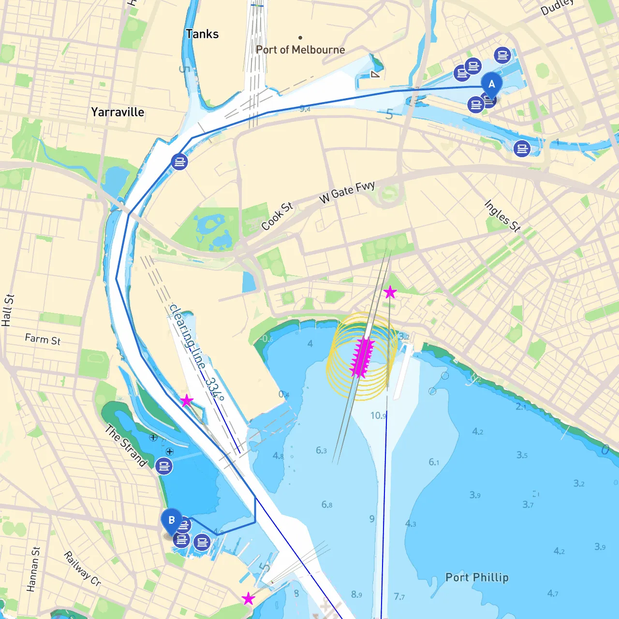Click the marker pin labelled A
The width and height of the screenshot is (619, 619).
click(x=491, y=85)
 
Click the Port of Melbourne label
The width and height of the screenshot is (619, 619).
click(x=300, y=50)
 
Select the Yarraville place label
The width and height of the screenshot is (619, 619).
click(x=118, y=112)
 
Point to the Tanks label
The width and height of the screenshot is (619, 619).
click(x=202, y=34)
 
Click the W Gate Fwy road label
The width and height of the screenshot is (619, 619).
click(x=347, y=192)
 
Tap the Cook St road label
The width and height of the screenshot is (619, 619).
click(x=277, y=216)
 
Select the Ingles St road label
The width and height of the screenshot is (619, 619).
click(x=502, y=216)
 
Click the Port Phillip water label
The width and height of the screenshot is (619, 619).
click(x=477, y=577)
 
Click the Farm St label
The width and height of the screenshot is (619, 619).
click(x=43, y=339)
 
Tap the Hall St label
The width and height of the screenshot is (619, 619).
click(x=8, y=310)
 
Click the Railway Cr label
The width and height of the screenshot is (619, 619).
click(x=82, y=569)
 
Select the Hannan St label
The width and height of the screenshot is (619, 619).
click(x=33, y=569)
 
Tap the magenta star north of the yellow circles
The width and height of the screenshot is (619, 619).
click(x=390, y=292)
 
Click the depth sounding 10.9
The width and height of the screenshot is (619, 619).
click(x=378, y=415)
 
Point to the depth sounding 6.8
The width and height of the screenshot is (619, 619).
click(x=327, y=505)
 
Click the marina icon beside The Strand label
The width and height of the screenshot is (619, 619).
click(x=164, y=466)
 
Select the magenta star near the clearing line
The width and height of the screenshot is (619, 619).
click(x=186, y=400)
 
